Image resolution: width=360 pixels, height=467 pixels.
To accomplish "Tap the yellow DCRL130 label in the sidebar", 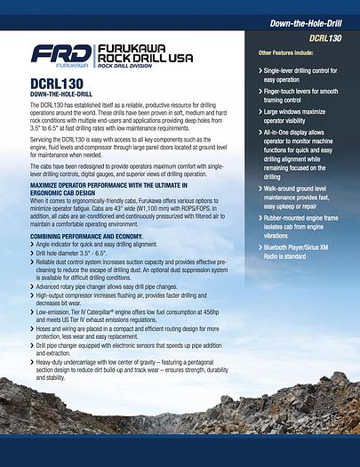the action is click(324, 38).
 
